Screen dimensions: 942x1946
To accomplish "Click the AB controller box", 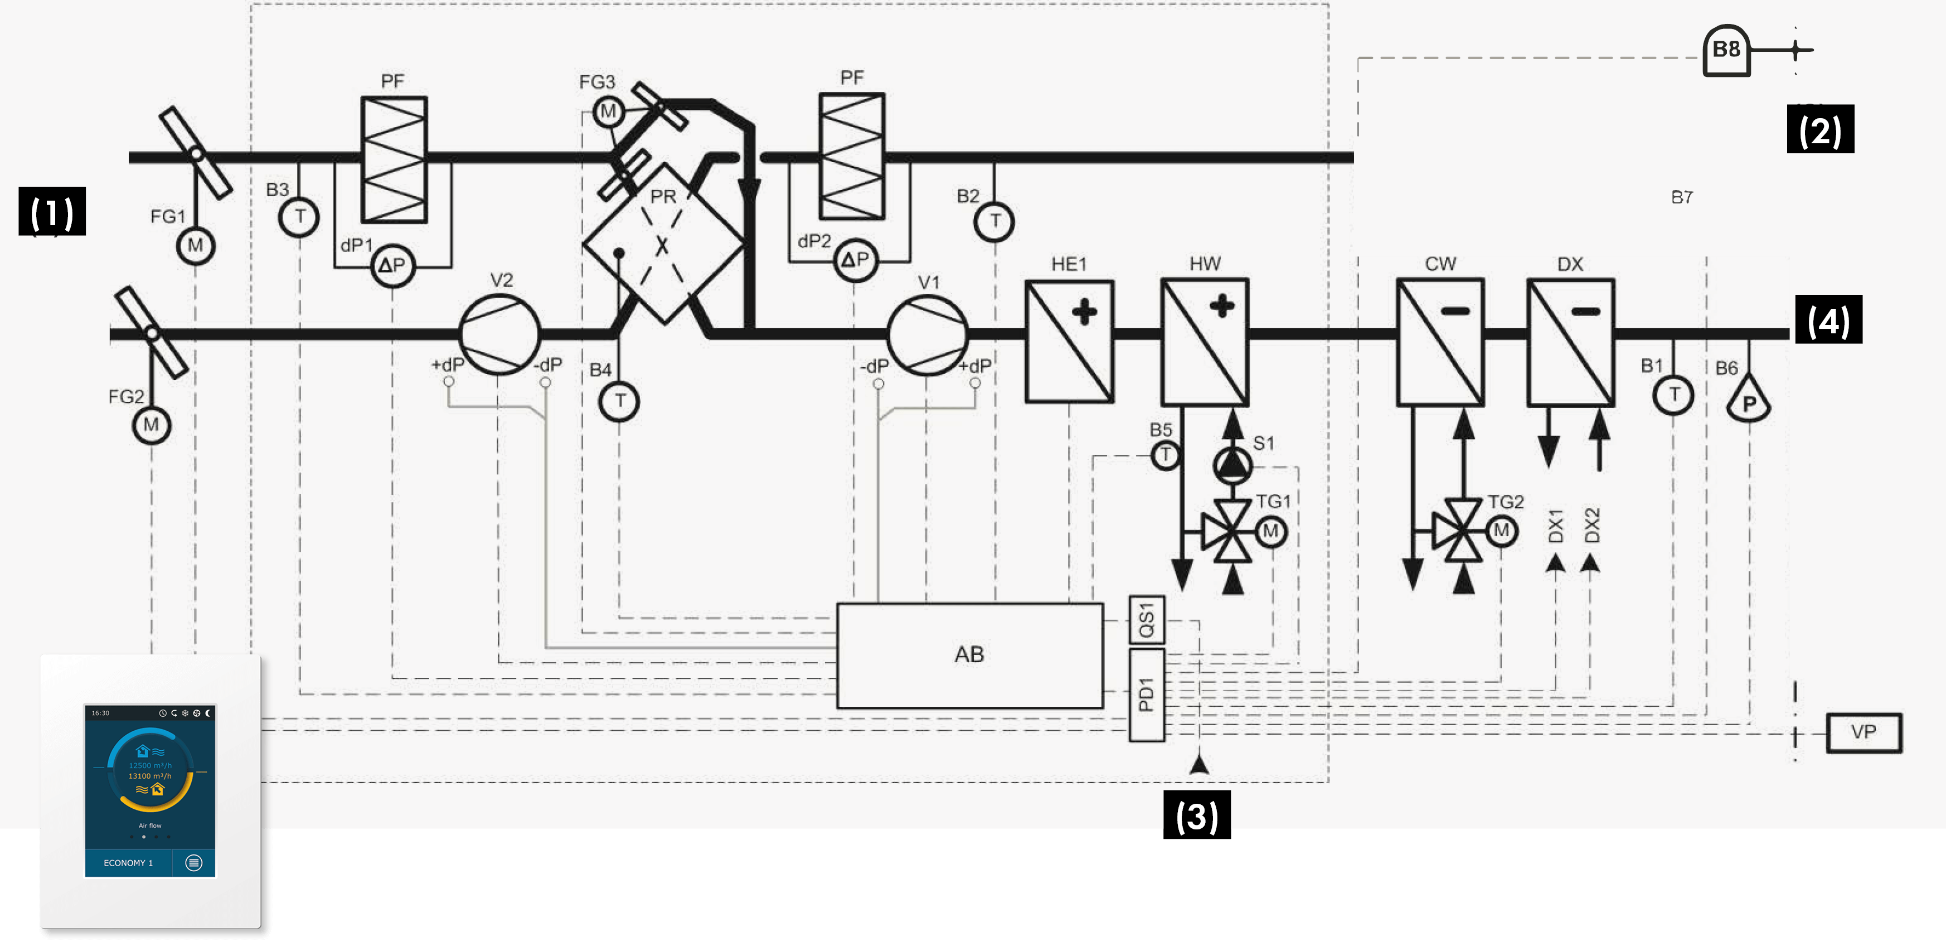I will pyautogui.click(x=969, y=655).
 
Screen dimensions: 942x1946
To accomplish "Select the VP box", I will pyautogui.click(x=1863, y=732).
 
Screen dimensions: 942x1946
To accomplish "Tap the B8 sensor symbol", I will pyautogui.click(x=1726, y=51).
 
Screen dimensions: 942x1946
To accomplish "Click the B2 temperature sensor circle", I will pyautogui.click(x=994, y=221).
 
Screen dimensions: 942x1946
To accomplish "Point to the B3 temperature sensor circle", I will pyautogui.click(x=299, y=217).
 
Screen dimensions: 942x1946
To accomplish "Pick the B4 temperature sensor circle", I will pyautogui.click(x=619, y=401).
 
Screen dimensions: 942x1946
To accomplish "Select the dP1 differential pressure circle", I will pyautogui.click(x=392, y=265).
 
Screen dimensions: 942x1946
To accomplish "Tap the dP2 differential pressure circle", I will pyautogui.click(x=855, y=261).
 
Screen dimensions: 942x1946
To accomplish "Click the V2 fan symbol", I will pyautogui.click(x=499, y=334).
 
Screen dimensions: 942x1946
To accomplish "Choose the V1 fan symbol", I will pyautogui.click(x=928, y=334).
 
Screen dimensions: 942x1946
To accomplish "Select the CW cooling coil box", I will pyautogui.click(x=1440, y=342).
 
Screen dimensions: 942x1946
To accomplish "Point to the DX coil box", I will pyautogui.click(x=1570, y=342).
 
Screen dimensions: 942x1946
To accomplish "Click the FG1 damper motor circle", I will pyautogui.click(x=196, y=245).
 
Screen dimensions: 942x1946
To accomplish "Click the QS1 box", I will pyautogui.click(x=1146, y=620).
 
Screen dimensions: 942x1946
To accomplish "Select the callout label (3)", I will pyautogui.click(x=1197, y=816).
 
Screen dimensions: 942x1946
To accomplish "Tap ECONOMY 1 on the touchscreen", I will pyautogui.click(x=128, y=863).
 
